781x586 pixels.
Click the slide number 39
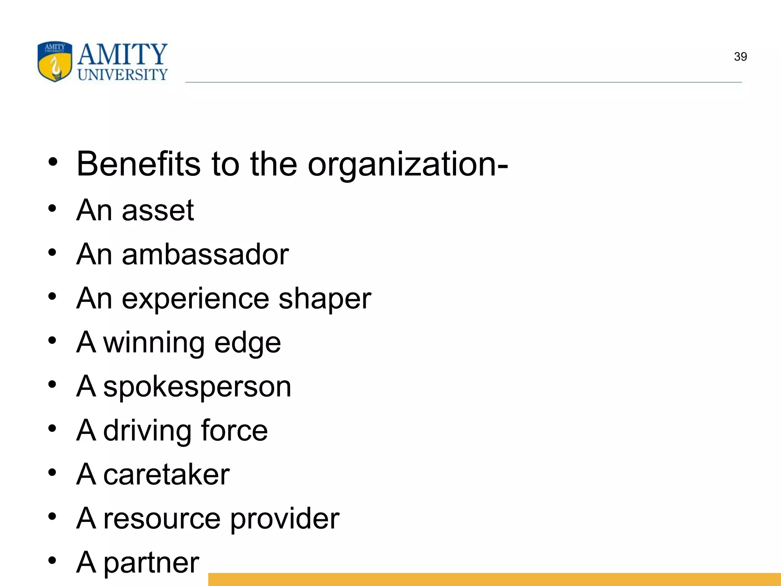click(740, 57)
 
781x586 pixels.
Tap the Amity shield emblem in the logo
click(55, 61)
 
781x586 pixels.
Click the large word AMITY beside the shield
click(122, 54)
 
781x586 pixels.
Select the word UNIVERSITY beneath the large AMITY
click(122, 75)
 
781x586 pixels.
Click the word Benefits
click(138, 164)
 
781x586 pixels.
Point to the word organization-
click(408, 165)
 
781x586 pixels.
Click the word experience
click(195, 299)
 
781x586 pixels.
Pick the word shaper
click(325, 299)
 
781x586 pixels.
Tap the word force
click(234, 430)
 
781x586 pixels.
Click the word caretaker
click(166, 475)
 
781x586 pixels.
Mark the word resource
click(162, 519)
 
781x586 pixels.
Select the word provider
click(284, 519)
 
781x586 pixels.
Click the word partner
click(151, 563)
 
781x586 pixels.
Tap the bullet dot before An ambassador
click(53, 253)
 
